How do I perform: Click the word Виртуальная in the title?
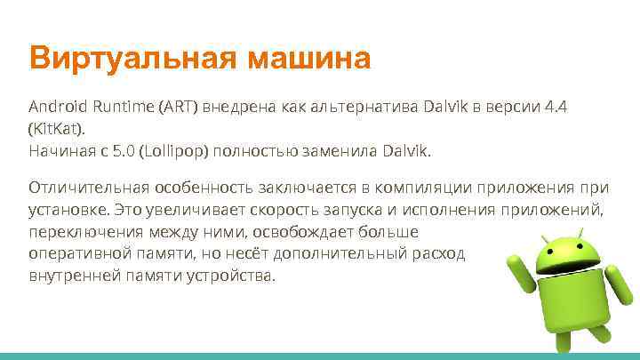[x=131, y=60]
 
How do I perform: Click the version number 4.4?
[x=558, y=107]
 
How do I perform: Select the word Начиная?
[x=60, y=151]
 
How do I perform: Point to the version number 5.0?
[x=123, y=151]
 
